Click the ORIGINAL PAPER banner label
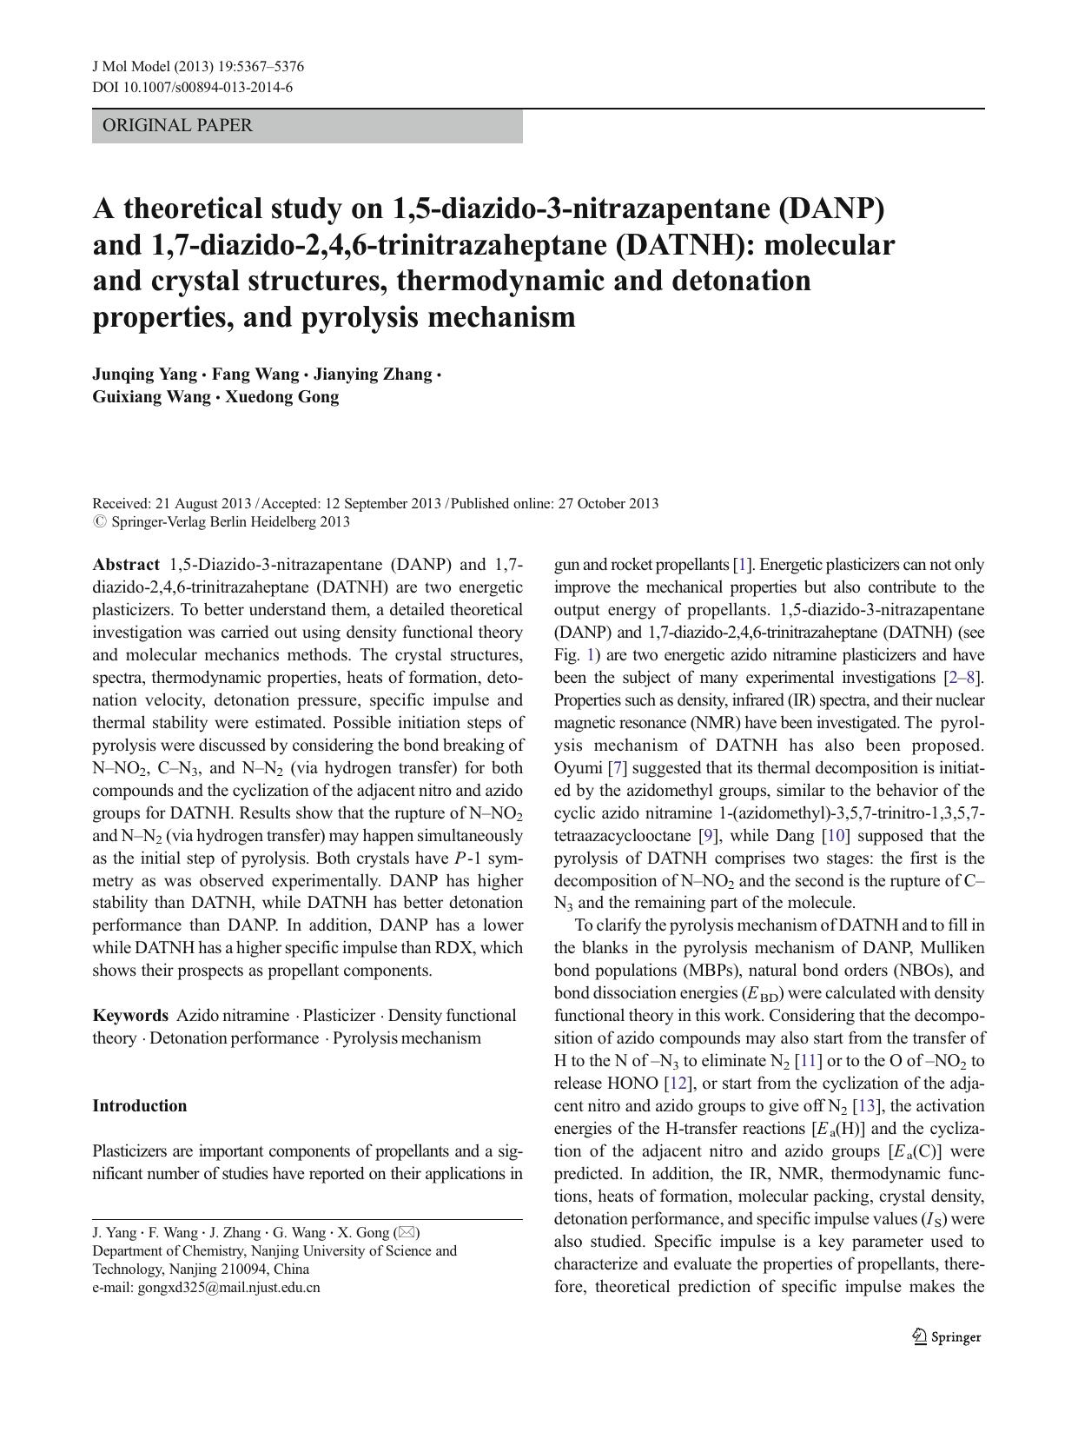(177, 126)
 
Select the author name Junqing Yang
(144, 375)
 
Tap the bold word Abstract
(126, 565)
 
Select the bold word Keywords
(130, 1016)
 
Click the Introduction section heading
(139, 1106)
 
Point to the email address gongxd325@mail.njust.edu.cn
(228, 1288)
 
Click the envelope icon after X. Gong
(407, 1232)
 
